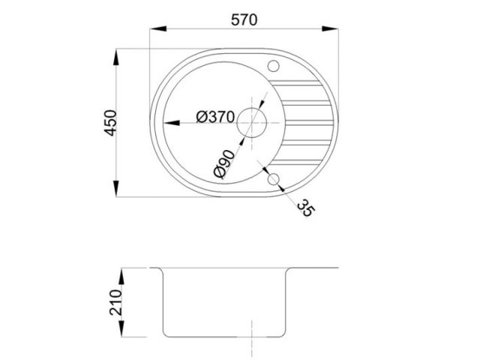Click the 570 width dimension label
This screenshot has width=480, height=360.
[244, 20]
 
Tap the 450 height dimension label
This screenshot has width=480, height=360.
[110, 123]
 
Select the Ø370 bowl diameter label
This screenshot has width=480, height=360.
[215, 117]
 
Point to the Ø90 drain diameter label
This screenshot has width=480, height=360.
[225, 163]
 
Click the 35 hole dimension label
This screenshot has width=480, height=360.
[305, 208]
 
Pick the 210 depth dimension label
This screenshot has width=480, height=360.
[115, 302]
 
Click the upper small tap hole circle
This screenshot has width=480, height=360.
[273, 66]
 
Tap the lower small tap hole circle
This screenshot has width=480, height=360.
[273, 179]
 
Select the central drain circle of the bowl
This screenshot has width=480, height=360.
[252, 123]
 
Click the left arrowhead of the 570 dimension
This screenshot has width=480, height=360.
[158, 28]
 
